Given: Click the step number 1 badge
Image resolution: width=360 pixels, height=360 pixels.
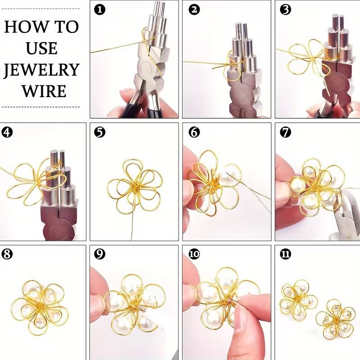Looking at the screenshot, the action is coord(100,10).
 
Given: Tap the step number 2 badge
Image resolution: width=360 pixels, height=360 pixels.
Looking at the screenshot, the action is coord(194,10).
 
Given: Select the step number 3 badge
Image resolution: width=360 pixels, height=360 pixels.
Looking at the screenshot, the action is coord(286,10).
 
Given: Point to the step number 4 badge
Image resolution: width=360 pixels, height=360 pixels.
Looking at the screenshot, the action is coord(7,132).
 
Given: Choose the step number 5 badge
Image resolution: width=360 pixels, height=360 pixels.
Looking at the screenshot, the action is coord(100,132).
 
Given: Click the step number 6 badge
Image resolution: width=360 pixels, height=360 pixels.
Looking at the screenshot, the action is coord(194,132).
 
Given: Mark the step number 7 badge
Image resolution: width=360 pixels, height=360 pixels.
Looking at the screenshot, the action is coord(286,132).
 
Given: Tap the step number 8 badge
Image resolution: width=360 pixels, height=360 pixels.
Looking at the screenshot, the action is coord(7,254).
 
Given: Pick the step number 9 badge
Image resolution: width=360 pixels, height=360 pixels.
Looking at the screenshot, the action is coord(100,254).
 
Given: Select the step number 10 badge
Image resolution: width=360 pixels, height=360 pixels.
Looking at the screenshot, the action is coord(194,254).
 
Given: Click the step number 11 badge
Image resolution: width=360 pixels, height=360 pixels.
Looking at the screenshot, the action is coord(286,254).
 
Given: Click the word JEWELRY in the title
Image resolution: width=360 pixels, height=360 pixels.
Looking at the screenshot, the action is coord(41,70).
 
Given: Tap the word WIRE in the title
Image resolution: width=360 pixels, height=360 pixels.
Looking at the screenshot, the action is coord(44,91).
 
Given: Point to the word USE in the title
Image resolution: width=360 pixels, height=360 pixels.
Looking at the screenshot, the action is coord(41,48).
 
